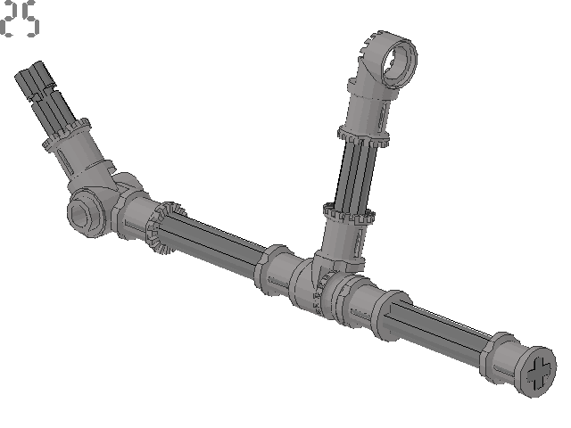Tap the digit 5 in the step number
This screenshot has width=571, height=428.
(30, 20)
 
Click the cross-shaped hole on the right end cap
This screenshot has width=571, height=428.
(539, 374)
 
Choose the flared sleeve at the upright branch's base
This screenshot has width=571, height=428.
(339, 245)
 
